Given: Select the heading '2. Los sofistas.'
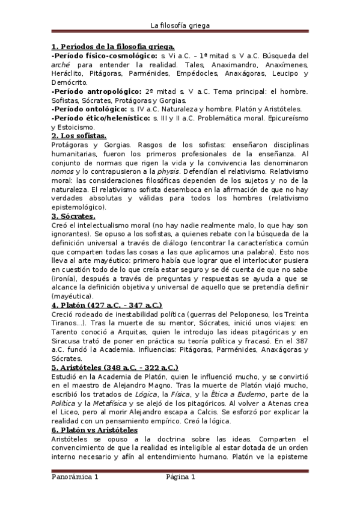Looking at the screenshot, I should point(78,136).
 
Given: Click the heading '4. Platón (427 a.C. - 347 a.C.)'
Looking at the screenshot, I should point(106,305).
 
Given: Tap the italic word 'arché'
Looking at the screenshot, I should point(61,65).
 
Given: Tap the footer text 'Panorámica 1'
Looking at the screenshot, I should point(74,477).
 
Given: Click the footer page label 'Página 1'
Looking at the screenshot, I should point(181,477).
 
